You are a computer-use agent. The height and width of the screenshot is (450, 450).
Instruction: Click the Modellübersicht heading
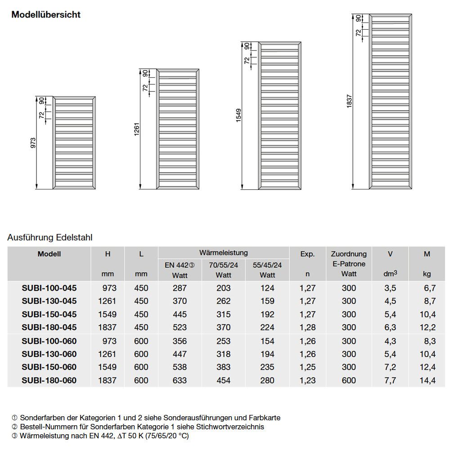[x=46, y=14]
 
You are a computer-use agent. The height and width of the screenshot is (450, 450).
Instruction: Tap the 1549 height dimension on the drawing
[x=239, y=116]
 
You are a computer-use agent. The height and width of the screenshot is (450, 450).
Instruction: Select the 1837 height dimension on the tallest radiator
[x=349, y=102]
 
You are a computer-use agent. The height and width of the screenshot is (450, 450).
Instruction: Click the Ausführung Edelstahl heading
[x=50, y=238]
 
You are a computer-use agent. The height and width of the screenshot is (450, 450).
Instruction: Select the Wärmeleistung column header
[x=223, y=253]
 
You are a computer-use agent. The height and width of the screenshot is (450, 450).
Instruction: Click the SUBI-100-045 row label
[x=49, y=288]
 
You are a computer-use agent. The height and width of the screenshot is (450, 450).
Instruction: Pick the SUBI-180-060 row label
[x=49, y=380]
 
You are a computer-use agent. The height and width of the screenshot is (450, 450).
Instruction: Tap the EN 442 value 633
[x=179, y=380]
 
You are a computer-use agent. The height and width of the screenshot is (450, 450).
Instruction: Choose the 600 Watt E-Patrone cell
[x=348, y=380]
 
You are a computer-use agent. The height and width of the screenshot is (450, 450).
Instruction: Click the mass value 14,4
[x=427, y=380]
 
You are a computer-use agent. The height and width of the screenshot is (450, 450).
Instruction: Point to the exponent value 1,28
[x=307, y=328]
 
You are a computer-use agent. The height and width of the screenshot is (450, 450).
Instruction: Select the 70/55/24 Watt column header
[x=223, y=270]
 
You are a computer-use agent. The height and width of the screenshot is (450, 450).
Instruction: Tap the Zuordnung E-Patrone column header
[x=348, y=264]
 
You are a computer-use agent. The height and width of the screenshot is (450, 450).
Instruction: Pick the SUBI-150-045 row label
[x=49, y=314]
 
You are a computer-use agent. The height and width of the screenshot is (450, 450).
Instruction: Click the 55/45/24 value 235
[x=267, y=367]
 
